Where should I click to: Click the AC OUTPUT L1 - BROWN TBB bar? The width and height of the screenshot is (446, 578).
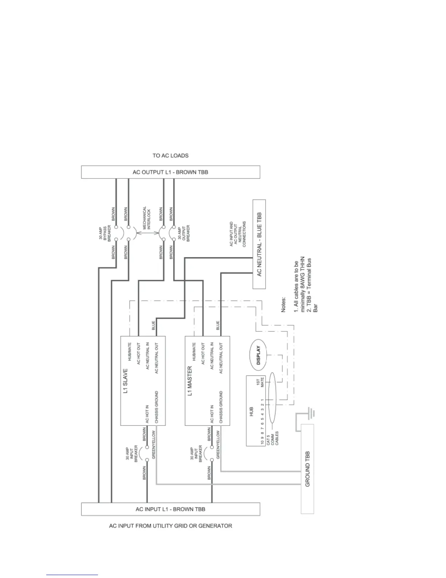[x=170, y=172]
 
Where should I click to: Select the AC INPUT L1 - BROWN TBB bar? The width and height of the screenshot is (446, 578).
[x=170, y=509]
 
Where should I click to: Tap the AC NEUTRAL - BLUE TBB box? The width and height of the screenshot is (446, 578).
[x=259, y=244]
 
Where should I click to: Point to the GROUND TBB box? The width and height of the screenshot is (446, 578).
[x=307, y=469]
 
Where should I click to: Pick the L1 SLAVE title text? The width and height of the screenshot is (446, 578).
[x=125, y=381]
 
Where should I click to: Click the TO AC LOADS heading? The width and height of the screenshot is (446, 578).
[x=170, y=155]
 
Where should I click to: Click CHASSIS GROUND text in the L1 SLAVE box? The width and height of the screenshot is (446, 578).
[x=156, y=407]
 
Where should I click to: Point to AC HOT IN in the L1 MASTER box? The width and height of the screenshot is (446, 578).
[x=212, y=414]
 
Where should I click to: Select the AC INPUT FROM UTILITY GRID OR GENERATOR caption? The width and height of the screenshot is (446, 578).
[x=170, y=526]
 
